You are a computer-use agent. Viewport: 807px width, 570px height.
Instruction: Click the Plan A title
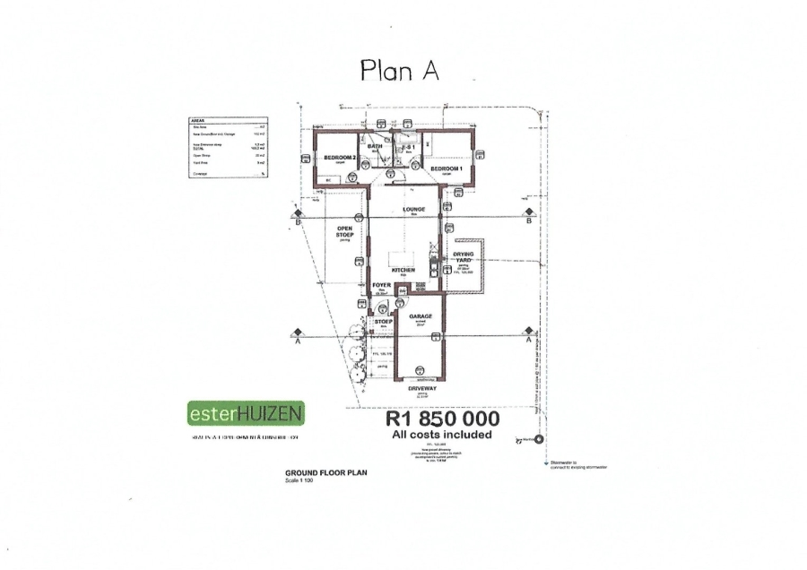coord(399,70)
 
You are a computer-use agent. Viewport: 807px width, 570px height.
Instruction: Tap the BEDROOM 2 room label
coord(341,158)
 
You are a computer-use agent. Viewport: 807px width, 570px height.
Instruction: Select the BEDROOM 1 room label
coord(446,168)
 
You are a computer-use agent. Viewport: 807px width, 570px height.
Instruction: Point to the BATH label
coord(376,146)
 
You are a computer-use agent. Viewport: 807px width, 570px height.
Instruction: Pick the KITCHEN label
coord(402,270)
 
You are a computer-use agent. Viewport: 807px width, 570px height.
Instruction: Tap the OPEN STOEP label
coord(345,231)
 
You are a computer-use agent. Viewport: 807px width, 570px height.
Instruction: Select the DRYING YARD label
coord(464,258)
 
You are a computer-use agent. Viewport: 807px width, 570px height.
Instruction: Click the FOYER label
coord(380,287)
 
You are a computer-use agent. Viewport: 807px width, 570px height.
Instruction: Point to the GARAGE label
coord(421,317)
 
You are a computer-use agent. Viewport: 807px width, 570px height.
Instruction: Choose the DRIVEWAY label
coord(420,389)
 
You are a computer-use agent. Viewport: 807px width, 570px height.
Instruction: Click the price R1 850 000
coord(442,419)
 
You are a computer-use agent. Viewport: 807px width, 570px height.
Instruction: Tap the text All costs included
coord(442,435)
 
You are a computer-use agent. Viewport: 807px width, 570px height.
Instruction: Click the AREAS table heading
coord(199,120)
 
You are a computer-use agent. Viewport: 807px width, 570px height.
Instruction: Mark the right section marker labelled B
coord(529,220)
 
